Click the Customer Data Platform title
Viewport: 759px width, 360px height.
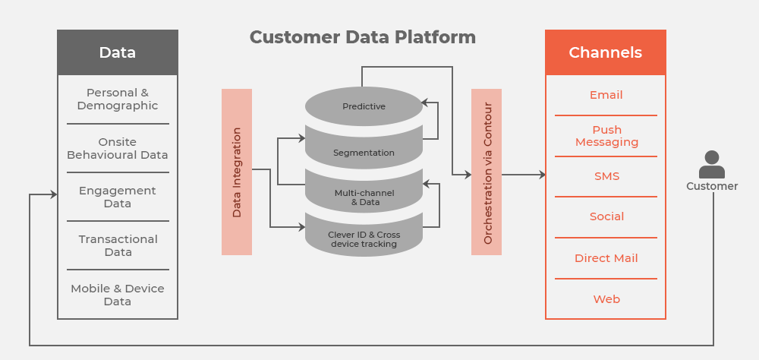tap(363, 37)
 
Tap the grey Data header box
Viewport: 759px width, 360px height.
tap(118, 52)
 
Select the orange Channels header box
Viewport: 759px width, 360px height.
tap(606, 52)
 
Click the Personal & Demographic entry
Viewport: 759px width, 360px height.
tap(118, 99)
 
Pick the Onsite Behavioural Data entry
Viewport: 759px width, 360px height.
tap(118, 148)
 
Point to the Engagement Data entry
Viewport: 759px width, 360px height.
tap(118, 197)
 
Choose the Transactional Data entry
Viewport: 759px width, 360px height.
tap(118, 245)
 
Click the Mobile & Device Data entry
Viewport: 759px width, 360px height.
tap(118, 295)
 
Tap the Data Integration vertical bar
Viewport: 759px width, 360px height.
tap(237, 172)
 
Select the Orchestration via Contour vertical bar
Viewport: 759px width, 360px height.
tap(487, 172)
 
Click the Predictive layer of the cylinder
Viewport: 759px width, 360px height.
tap(364, 106)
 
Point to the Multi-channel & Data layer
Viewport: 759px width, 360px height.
tap(364, 193)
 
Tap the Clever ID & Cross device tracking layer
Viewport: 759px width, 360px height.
tap(364, 236)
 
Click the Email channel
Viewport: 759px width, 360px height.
tap(606, 95)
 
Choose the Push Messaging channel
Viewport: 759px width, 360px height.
tap(606, 136)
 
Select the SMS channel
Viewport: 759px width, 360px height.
tap(606, 176)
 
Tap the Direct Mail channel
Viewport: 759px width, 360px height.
tap(606, 258)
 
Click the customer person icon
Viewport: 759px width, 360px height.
tap(712, 164)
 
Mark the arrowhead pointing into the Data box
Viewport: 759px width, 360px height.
tap(54, 194)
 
